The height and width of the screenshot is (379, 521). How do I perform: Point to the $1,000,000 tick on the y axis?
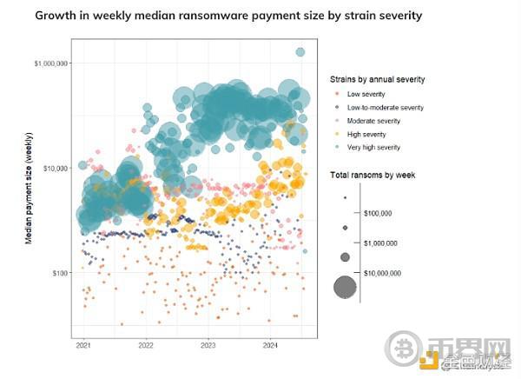(49, 63)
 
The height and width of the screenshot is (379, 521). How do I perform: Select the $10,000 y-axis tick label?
(55, 168)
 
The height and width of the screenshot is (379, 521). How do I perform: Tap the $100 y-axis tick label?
(58, 272)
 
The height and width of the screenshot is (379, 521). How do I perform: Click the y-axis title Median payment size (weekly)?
(30, 187)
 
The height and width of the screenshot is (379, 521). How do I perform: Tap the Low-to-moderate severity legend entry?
(385, 107)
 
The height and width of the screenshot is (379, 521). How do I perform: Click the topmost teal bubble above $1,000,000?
(300, 52)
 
